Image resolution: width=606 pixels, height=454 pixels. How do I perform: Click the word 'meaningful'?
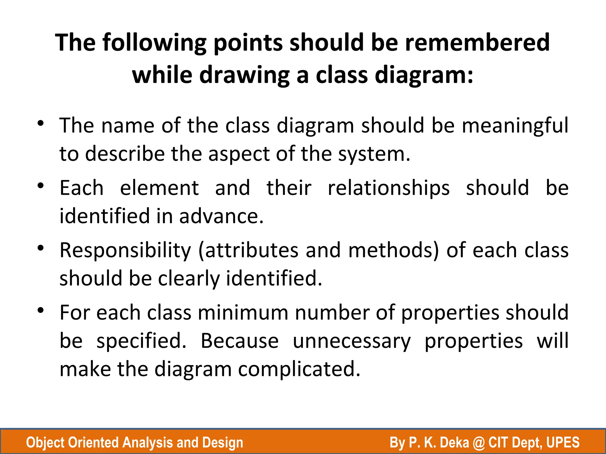tap(515, 126)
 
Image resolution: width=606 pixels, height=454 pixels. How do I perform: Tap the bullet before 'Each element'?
tap(41, 186)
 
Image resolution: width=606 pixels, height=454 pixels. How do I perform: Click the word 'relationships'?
tap(389, 188)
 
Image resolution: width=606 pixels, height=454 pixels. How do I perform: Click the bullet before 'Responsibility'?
tap(41, 248)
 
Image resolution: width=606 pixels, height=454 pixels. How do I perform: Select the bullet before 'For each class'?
tap(41, 310)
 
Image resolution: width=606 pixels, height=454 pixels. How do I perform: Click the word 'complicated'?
tap(299, 369)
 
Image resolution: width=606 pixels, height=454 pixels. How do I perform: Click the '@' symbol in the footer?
tap(478, 443)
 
